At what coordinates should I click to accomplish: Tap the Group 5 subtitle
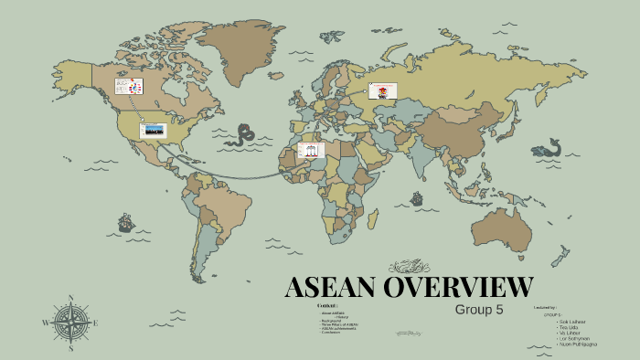[x=479, y=309]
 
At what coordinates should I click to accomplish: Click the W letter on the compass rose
[x=46, y=323]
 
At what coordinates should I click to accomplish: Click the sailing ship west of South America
[x=125, y=222]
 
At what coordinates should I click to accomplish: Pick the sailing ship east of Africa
[x=418, y=197]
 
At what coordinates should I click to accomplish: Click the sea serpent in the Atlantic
[x=243, y=135]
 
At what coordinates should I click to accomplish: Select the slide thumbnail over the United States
[x=153, y=130]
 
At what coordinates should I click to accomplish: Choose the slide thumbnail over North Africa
[x=312, y=150]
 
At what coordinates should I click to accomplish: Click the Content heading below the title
[x=327, y=305]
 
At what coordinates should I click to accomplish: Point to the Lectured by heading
[x=546, y=309]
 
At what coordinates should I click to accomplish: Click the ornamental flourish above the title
[x=409, y=267]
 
